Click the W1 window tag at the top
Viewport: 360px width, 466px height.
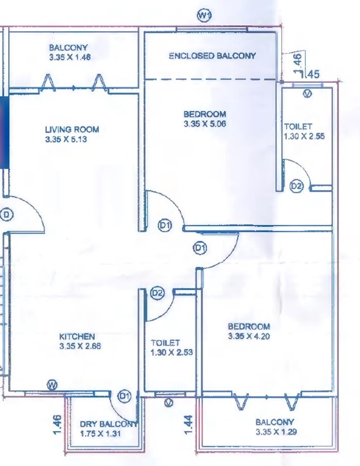205,16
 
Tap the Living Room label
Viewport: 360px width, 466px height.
71,130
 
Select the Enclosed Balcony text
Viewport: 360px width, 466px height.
212,56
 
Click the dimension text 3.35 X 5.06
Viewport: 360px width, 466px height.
205,124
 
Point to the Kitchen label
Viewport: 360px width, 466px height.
77,336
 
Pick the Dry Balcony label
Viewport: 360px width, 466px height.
109,424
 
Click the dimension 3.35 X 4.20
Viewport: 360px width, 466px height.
249,337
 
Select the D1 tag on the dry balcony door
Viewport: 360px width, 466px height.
124,396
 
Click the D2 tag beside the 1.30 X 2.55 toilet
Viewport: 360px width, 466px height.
296,186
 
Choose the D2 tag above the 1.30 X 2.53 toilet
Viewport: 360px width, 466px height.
158,293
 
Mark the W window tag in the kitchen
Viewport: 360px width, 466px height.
52,385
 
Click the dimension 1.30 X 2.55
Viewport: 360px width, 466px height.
304,137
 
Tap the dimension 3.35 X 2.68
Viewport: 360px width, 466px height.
80,346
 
